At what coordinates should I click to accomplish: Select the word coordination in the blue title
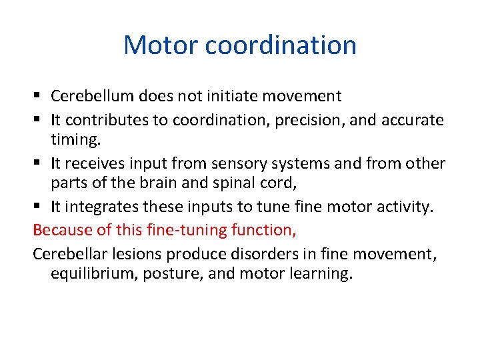(281, 45)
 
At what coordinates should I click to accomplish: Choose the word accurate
(413, 119)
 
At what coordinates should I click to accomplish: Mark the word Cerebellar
(70, 254)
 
